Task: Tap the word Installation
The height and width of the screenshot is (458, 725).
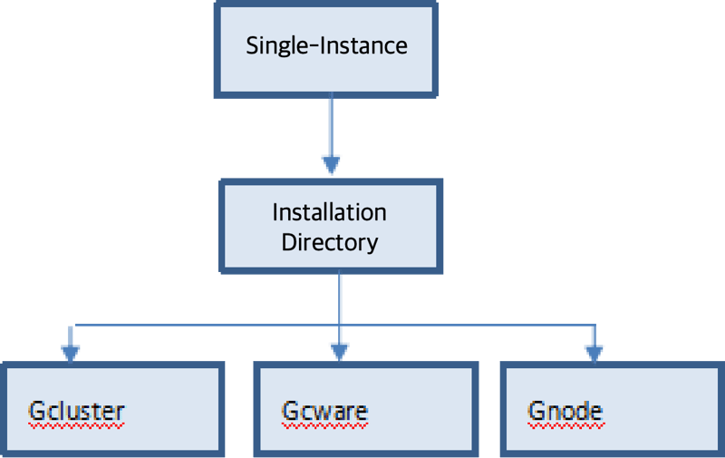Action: [x=330, y=213]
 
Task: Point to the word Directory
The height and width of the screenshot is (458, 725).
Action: [x=330, y=243]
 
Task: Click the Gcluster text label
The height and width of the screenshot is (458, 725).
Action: [x=76, y=411]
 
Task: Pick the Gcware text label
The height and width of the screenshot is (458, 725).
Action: [x=324, y=411]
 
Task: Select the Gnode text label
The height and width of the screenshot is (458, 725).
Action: [x=565, y=411]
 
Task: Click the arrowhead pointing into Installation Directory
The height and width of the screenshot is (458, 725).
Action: [x=331, y=164]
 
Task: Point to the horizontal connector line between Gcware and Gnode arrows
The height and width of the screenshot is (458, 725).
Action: [x=467, y=324]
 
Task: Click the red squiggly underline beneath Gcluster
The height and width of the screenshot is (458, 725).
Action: [x=76, y=424]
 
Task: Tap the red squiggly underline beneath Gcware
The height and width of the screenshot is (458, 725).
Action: [x=324, y=424]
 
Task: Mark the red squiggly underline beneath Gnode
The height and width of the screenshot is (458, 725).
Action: [x=565, y=424]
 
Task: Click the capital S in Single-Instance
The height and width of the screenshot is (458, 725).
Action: [x=252, y=45]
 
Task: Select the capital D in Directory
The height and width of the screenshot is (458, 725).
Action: [x=287, y=243]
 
